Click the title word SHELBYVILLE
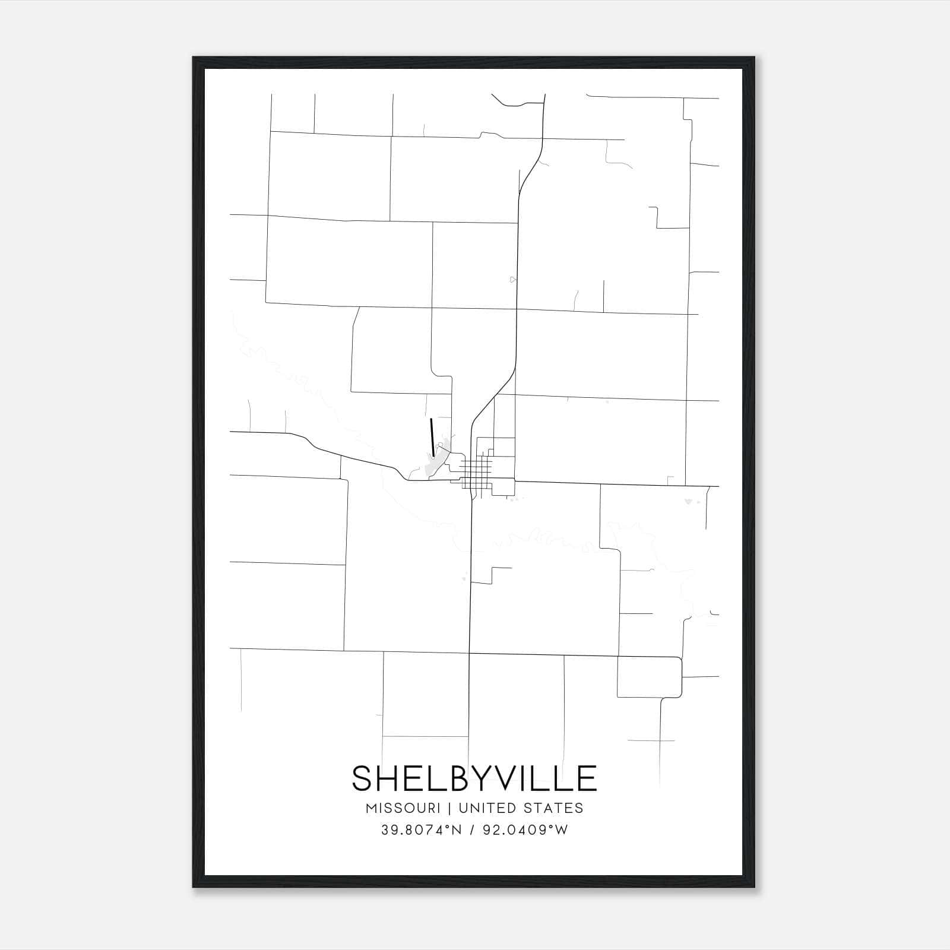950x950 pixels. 474,778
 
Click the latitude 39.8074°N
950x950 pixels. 422,830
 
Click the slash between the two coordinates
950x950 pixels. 472,830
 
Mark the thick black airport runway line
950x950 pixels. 432,438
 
